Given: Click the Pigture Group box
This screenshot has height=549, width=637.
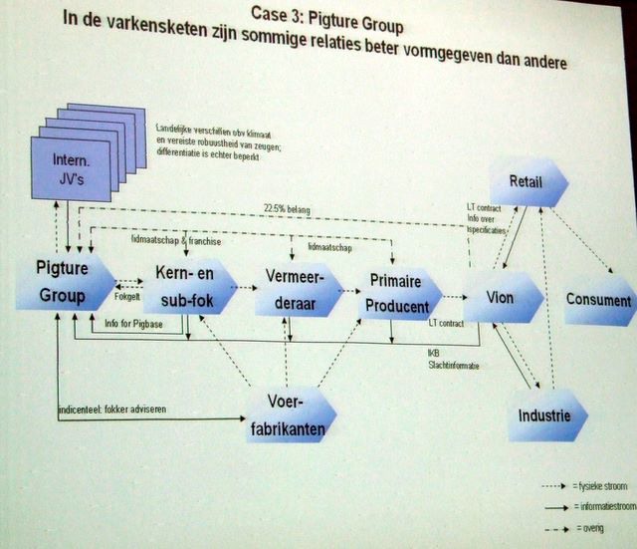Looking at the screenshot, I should tap(62, 282).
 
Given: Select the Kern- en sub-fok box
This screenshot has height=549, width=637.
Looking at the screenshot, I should tap(185, 288).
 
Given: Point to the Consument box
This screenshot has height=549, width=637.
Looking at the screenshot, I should tap(597, 300).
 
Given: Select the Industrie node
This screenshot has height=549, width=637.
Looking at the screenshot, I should tap(544, 412).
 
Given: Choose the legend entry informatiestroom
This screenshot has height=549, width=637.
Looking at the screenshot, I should tap(605, 506).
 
